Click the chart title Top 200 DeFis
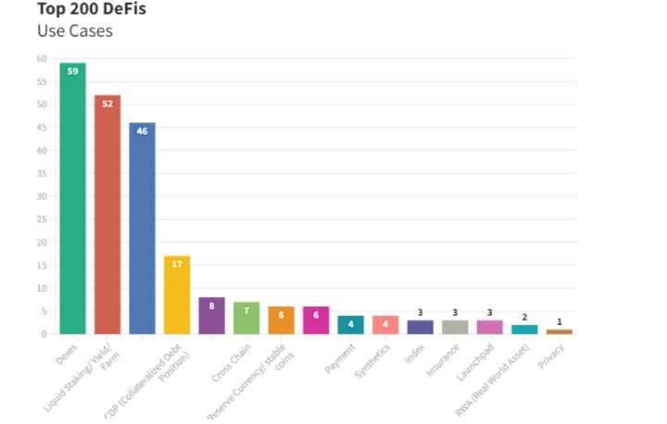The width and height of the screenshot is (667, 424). point(91,10)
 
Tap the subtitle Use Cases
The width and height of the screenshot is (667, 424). point(76,31)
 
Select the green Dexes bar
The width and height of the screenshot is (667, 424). point(72,198)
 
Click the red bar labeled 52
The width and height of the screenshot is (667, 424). point(107,214)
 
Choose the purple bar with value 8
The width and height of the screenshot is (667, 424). point(211,316)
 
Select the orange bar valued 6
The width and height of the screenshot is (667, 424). point(281,320)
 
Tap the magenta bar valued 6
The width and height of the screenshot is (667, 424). point(316,320)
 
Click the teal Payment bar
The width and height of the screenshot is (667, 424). point(350,325)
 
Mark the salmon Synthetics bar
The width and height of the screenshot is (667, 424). point(385,325)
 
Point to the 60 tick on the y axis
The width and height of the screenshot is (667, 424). point(42,58)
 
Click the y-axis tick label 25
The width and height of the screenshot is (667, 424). point(42,219)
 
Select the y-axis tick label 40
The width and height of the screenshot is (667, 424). point(42,150)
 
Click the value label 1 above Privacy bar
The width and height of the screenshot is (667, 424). point(559,321)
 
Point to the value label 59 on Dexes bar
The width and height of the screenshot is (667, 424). point(72,71)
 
